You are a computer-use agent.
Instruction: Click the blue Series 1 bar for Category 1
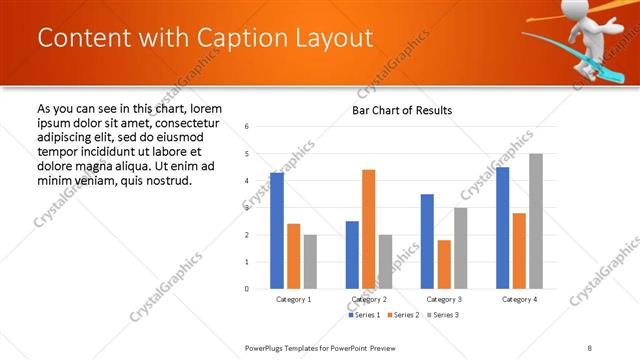click(x=277, y=230)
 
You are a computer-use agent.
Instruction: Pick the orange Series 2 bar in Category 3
click(x=444, y=264)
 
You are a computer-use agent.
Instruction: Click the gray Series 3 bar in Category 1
click(x=310, y=261)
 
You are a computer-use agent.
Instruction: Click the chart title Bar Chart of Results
click(x=402, y=110)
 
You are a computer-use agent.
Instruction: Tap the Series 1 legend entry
click(x=364, y=315)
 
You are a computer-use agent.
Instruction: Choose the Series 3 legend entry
click(x=444, y=315)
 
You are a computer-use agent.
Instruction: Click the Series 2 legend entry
click(x=404, y=315)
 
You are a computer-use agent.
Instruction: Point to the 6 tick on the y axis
click(x=247, y=127)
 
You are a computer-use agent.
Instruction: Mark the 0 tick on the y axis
click(x=247, y=289)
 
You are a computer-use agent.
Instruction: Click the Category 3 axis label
click(x=444, y=299)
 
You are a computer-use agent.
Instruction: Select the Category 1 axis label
click(x=293, y=299)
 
